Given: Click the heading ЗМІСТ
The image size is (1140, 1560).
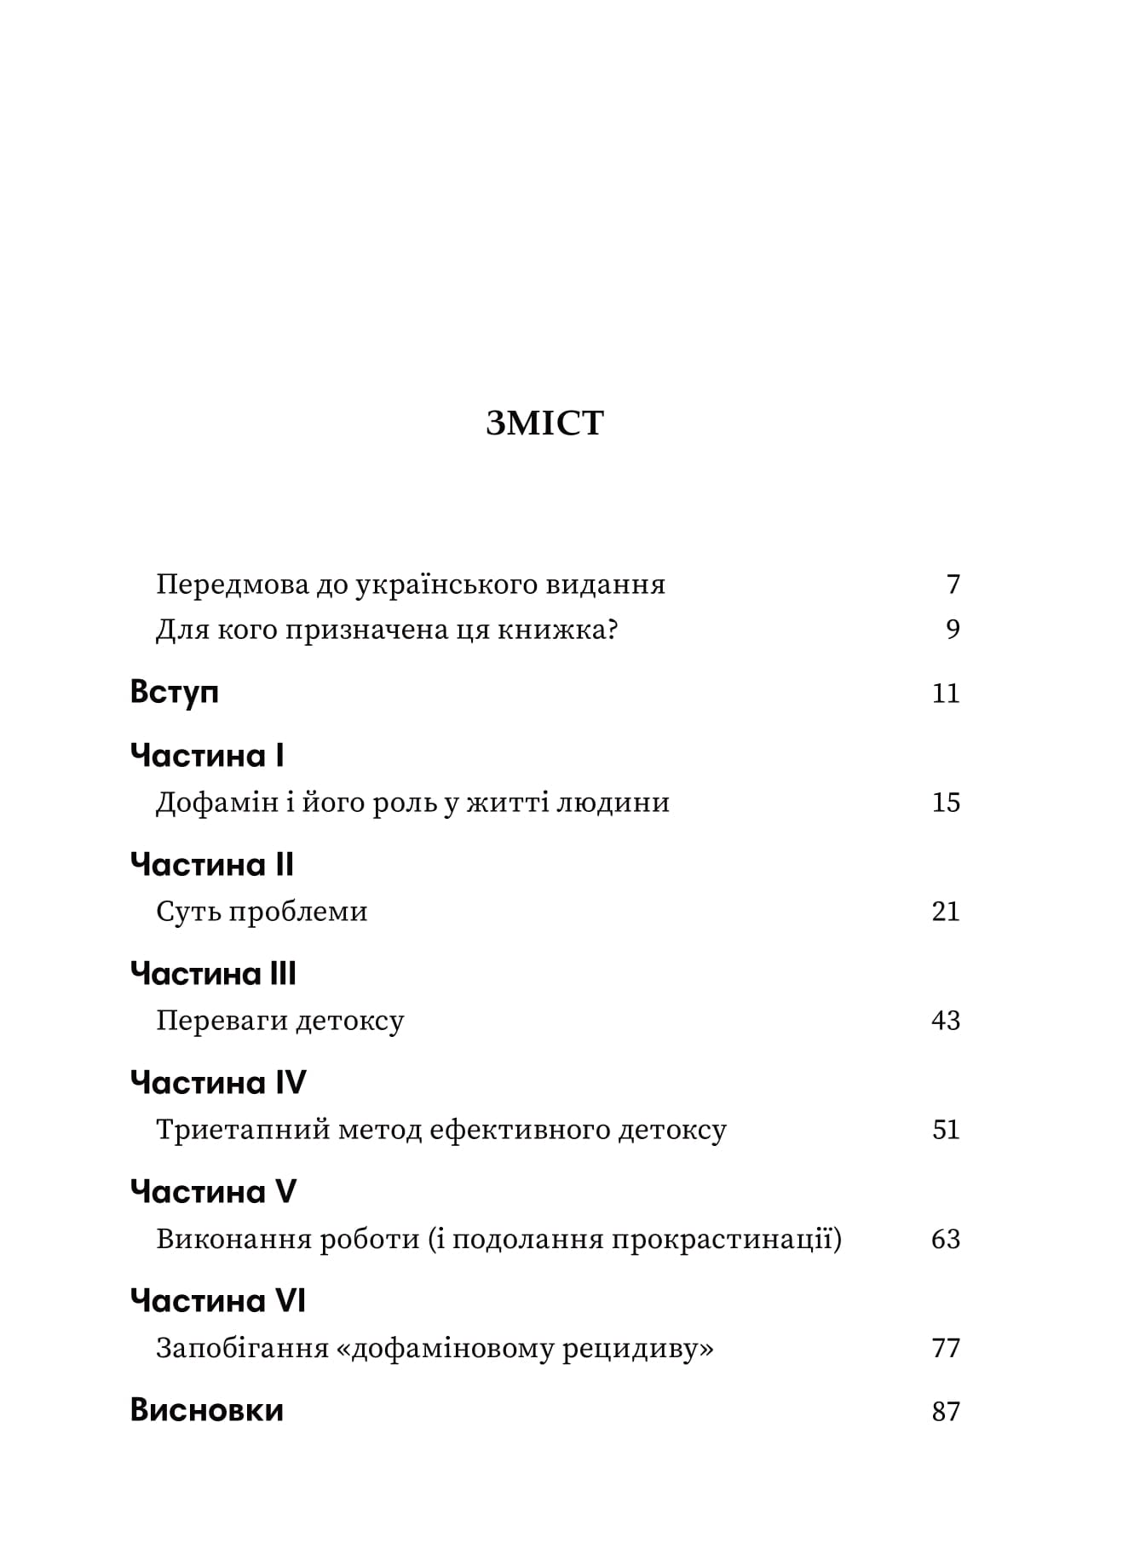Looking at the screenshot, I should (x=544, y=423).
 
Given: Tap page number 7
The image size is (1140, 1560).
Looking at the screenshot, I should (x=953, y=584).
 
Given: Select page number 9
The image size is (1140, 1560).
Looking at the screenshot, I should (x=953, y=630).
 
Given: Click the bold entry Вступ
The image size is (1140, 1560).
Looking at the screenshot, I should (x=175, y=692).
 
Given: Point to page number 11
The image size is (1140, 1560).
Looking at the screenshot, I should (x=946, y=693).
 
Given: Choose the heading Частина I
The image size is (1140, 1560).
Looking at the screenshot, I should (x=207, y=756).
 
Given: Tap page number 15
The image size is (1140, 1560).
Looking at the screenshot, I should (x=946, y=803).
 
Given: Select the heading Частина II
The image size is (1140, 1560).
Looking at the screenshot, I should (x=212, y=865).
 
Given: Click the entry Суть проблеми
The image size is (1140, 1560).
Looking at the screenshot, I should (x=262, y=912).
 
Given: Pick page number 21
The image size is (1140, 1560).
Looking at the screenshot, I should (x=946, y=912).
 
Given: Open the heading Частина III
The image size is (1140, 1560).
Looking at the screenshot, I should (x=213, y=974).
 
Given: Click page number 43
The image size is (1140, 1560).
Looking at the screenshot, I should (x=946, y=1021).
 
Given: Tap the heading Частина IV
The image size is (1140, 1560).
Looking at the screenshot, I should (x=218, y=1083).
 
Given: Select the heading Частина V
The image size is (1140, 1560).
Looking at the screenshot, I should (x=213, y=1192).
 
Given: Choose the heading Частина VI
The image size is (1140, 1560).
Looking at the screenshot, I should (x=218, y=1301).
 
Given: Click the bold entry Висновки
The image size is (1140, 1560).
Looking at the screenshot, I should (x=207, y=1411).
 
